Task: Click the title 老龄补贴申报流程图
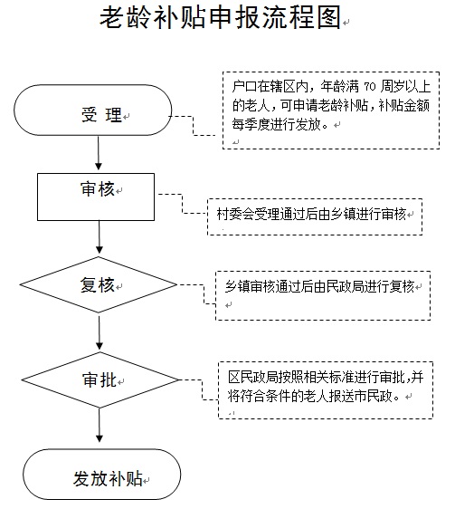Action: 221,17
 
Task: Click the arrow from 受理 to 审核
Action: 99,152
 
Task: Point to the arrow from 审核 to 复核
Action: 100,237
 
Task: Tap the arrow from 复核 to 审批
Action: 100,331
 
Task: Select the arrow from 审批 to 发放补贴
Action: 100,426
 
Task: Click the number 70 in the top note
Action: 370,87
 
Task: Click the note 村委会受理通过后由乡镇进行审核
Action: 311,215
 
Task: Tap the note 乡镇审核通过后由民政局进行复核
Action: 319,286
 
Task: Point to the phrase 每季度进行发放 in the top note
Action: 276,124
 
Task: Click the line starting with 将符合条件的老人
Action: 314,396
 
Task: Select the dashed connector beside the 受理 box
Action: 194,126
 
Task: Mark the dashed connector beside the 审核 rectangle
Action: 182,204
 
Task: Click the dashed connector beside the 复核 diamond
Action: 204,294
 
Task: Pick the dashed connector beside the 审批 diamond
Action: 202,389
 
